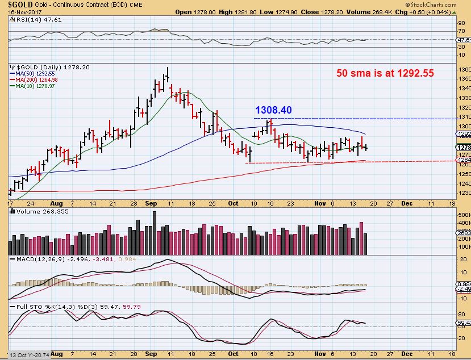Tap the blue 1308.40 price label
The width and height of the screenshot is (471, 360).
coord(273,110)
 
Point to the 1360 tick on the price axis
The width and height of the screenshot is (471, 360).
coord(464,69)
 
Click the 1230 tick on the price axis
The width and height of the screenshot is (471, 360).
coord(464,193)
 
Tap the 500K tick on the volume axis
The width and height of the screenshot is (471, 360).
coord(464,216)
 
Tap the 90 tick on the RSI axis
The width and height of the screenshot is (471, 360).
coord(461,23)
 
